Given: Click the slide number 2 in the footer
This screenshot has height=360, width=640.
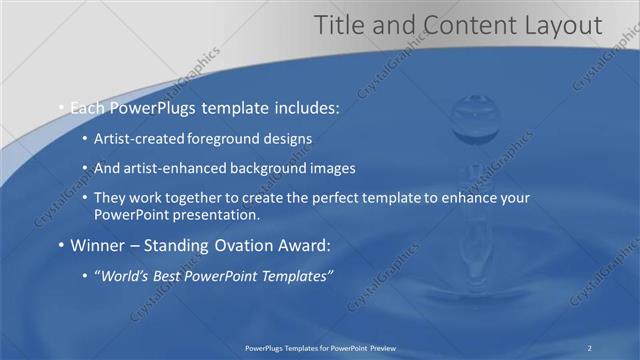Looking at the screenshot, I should pyautogui.click(x=591, y=347).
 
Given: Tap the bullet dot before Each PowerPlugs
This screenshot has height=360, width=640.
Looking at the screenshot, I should pyautogui.click(x=61, y=105).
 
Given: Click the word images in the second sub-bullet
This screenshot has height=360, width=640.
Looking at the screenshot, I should pyautogui.click(x=332, y=169).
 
